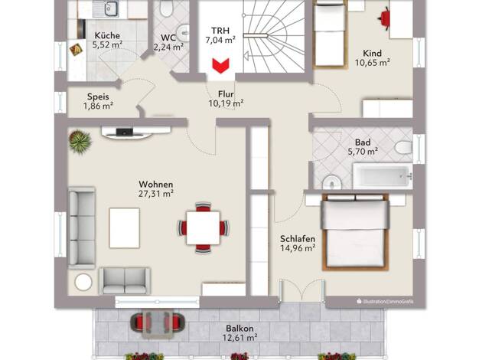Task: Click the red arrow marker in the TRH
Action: (220, 66)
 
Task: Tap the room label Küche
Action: (107, 35)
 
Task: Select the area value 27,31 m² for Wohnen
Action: (156, 194)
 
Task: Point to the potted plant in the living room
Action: (80, 142)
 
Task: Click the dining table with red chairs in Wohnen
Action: (203, 227)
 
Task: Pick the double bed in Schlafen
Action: (355, 232)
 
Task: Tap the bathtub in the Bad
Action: (383, 176)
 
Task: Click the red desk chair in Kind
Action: (384, 18)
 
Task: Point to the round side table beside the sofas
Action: (83, 282)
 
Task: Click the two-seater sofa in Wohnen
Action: (125, 281)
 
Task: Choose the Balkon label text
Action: (239, 329)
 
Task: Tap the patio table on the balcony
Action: (158, 324)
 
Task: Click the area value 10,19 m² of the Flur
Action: (226, 103)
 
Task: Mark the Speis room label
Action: (98, 97)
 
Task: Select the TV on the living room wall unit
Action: (125, 133)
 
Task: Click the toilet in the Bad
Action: (403, 147)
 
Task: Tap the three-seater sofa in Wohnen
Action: (82, 227)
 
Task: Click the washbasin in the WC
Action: (184, 33)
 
